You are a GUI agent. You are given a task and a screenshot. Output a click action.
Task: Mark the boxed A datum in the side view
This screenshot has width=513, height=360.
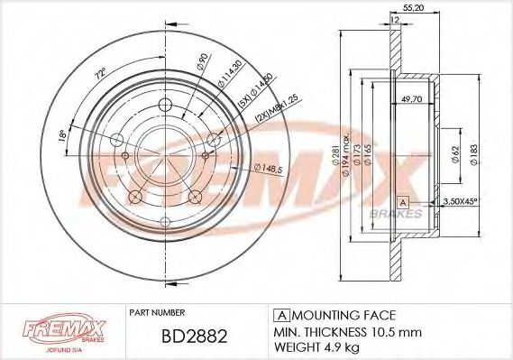[x=403, y=200]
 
